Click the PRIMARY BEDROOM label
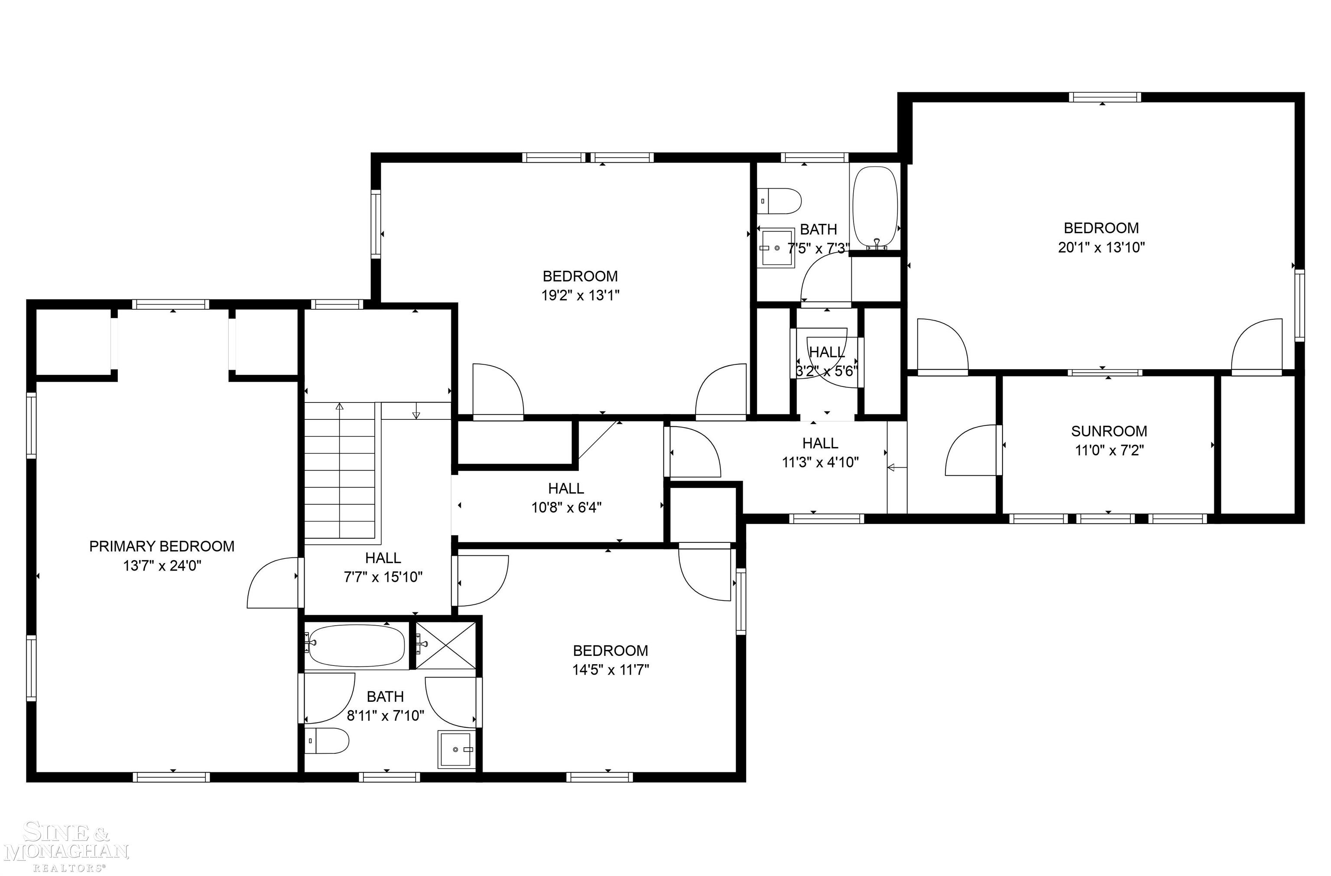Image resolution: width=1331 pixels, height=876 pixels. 162,546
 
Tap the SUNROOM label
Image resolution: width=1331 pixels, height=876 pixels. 1109,431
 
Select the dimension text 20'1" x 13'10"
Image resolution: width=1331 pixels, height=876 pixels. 1101,247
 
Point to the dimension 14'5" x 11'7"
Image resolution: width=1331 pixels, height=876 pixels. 610,669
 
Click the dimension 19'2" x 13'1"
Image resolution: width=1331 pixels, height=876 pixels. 580,295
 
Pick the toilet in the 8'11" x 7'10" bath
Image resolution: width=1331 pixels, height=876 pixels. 327,741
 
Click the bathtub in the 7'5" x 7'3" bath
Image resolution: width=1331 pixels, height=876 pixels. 875,208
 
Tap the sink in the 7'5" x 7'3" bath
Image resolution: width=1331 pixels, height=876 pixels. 776,248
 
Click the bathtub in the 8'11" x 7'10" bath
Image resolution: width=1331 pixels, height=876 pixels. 356,646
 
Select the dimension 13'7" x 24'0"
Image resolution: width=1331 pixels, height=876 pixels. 162,565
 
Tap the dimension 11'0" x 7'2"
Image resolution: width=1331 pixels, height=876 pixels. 1110,450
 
